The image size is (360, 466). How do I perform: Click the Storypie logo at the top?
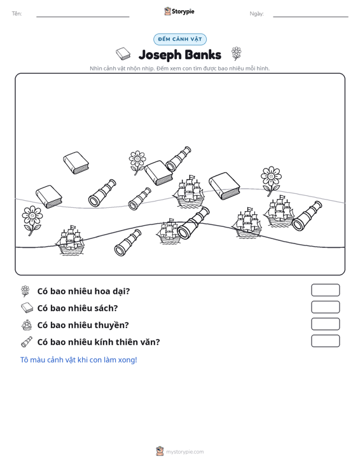(179, 11)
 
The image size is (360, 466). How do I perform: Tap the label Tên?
(17, 14)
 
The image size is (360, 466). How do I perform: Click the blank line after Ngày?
(310, 17)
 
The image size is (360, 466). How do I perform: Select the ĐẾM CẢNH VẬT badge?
(180, 39)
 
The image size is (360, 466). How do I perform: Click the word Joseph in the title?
(160, 55)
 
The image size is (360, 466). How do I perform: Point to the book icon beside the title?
(123, 54)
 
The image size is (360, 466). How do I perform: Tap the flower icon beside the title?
(237, 53)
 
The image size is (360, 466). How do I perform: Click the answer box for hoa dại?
(326, 290)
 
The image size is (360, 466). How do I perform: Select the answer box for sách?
(326, 307)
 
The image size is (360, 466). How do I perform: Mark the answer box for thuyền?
(326, 324)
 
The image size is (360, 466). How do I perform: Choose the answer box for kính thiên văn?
(326, 341)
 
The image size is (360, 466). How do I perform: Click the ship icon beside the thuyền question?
(27, 325)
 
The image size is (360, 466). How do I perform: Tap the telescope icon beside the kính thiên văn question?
(27, 342)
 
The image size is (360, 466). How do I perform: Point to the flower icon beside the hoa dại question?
(25, 291)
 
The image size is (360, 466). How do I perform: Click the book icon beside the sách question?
(27, 308)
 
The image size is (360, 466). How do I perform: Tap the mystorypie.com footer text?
(185, 452)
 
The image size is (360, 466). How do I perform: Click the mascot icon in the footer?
(160, 451)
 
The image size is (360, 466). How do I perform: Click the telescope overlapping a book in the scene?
(178, 158)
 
